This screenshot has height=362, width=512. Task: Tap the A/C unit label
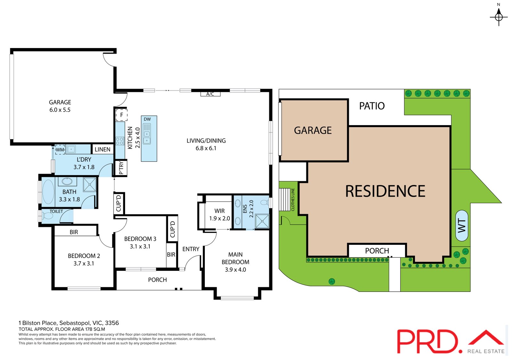pyautogui.click(x=210, y=94)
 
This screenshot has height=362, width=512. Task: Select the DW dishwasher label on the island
pyautogui.click(x=147, y=119)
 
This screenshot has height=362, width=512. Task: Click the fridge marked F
pyautogui.click(x=122, y=115)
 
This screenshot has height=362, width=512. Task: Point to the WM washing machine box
pyautogui.click(x=60, y=149)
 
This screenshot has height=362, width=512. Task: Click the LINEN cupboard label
pyautogui.click(x=102, y=149)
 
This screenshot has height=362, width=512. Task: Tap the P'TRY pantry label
pyautogui.click(x=121, y=168)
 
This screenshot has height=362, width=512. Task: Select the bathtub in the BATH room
pyautogui.click(x=48, y=192)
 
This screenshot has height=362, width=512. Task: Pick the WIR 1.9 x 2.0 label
pyautogui.click(x=220, y=214)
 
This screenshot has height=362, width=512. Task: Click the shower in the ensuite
pyautogui.click(x=262, y=221)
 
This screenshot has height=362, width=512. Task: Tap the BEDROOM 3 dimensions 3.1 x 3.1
pyautogui.click(x=140, y=246)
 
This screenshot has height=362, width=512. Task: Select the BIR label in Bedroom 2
pyautogui.click(x=74, y=232)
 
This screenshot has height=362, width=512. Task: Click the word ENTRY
pyautogui.click(x=191, y=249)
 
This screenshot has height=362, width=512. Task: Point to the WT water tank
pyautogui.click(x=462, y=226)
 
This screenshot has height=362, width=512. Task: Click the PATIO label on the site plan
pyautogui.click(x=372, y=106)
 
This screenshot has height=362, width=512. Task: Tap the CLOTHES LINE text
pyautogui.click(x=293, y=199)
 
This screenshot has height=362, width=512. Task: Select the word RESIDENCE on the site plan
pyautogui.click(x=385, y=191)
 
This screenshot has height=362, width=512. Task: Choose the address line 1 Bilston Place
pyautogui.click(x=68, y=323)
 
